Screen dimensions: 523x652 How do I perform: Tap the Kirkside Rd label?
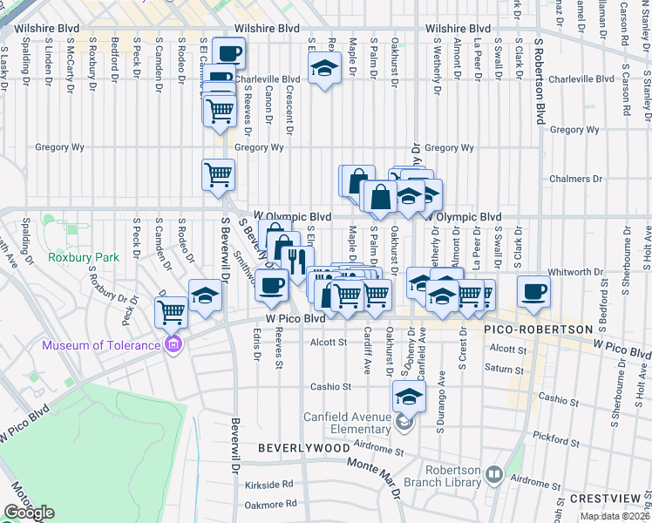coord(266,485)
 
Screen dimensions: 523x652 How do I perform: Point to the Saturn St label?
coord(504,369)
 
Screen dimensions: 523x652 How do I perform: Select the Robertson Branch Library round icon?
coord(494,475)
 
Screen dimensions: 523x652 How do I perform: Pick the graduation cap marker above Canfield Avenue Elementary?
coord(407,397)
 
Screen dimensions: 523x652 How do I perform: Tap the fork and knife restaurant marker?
coord(297,261)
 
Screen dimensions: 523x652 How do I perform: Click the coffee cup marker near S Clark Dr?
coord(533,292)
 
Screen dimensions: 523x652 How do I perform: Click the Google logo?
coord(29,513)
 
